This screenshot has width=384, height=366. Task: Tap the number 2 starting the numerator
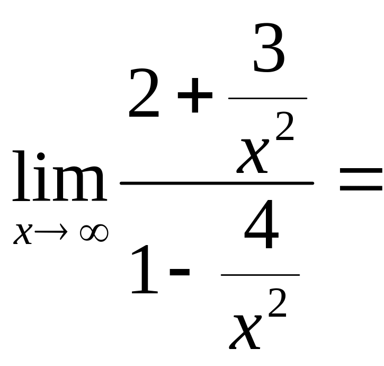144,96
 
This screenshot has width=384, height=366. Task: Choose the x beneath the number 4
246,332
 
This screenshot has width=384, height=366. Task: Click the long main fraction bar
217,183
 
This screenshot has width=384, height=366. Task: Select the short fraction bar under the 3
267,98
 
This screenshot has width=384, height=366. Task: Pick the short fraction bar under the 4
260,275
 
